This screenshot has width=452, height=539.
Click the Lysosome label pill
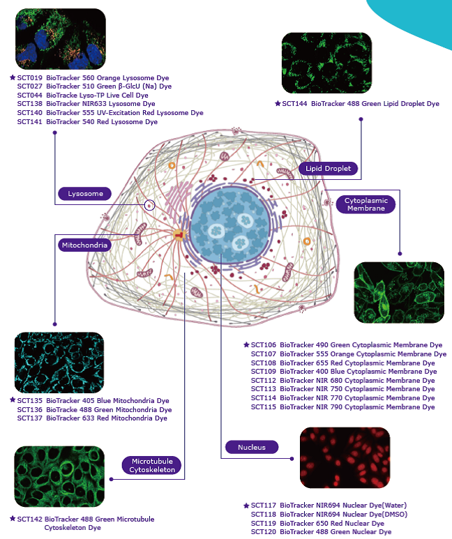(85, 193)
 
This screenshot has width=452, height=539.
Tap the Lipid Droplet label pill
(329, 168)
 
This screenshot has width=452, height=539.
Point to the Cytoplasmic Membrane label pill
(366, 204)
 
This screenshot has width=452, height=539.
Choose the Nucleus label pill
(250, 446)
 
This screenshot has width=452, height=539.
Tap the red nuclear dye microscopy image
(345, 457)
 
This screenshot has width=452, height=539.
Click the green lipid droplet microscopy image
(326, 63)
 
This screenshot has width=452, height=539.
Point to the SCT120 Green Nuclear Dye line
(321, 532)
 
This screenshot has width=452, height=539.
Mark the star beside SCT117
(246, 506)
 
